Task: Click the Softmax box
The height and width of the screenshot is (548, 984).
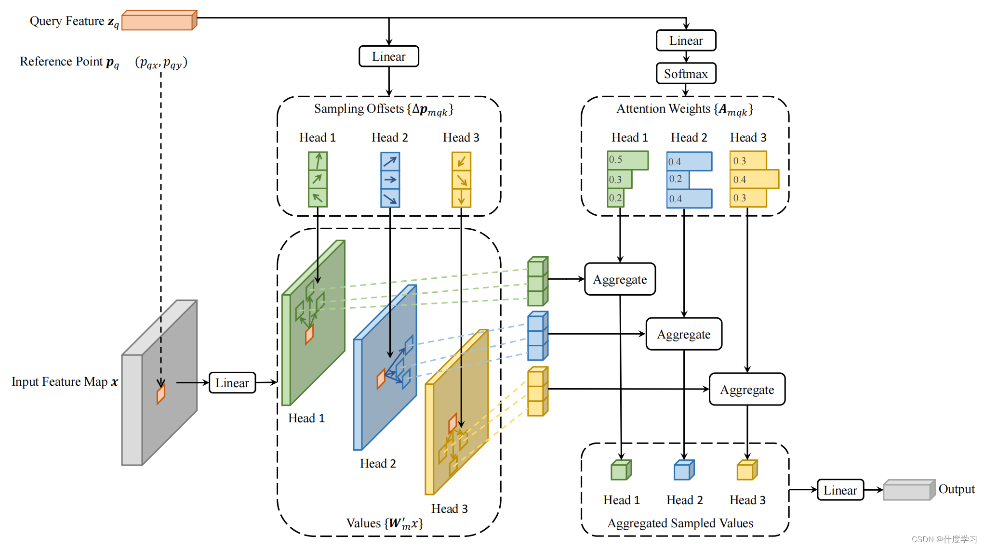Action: (x=686, y=74)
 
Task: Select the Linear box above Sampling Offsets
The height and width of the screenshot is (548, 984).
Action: (x=388, y=56)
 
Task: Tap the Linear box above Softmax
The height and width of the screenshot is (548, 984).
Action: (x=686, y=40)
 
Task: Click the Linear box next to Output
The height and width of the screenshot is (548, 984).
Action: (x=840, y=490)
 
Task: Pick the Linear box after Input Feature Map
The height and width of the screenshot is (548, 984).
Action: (x=232, y=383)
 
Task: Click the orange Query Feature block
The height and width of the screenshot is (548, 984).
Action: (x=159, y=21)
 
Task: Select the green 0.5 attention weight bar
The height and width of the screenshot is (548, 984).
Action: (x=627, y=160)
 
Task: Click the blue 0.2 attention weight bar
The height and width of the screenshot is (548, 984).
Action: (x=678, y=180)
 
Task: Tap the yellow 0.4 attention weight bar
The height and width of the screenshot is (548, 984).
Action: (x=754, y=179)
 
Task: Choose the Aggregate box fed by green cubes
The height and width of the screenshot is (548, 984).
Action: (x=620, y=279)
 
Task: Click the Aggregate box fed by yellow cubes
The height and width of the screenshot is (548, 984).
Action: (x=747, y=390)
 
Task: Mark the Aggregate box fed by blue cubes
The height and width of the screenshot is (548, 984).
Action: (x=683, y=334)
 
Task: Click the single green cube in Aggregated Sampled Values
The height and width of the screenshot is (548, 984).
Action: (x=621, y=470)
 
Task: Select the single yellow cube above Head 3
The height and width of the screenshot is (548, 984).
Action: (x=746, y=470)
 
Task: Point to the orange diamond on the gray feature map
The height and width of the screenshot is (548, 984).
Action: (x=161, y=394)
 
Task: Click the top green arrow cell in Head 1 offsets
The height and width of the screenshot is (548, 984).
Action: (x=318, y=161)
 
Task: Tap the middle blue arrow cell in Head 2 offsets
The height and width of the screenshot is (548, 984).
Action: (x=390, y=180)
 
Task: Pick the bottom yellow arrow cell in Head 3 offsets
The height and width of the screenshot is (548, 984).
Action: (x=461, y=198)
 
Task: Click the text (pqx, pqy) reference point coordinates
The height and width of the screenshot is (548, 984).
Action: (x=161, y=63)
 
